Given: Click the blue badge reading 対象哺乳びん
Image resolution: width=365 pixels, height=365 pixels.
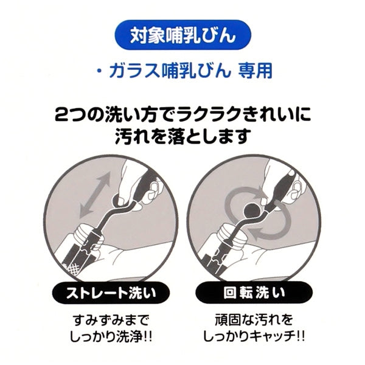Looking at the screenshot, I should click(182, 34).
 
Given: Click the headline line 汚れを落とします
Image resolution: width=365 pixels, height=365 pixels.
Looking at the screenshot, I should click(182, 137).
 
